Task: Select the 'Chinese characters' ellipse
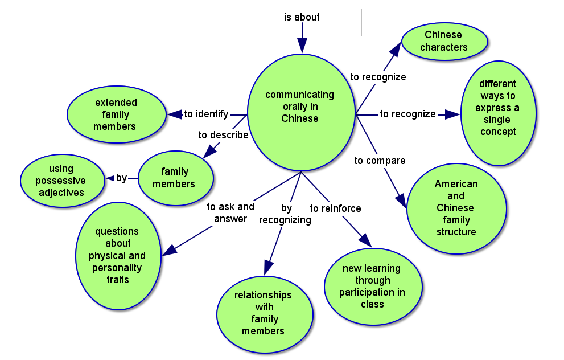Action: point(444,41)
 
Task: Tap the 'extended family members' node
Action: point(116,114)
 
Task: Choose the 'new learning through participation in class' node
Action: point(373,286)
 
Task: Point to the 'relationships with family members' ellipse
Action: point(264,313)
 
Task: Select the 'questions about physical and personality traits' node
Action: point(117,256)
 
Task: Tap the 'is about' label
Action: point(302,17)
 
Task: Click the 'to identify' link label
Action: point(206,114)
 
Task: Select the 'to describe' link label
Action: point(223,135)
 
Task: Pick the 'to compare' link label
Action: point(380,161)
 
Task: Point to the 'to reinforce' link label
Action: point(335,208)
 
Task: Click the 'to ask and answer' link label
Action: point(230,212)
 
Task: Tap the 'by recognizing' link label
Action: point(285,214)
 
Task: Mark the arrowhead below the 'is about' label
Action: point(302,45)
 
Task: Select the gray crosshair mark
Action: point(362,22)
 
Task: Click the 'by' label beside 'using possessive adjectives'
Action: point(121,178)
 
